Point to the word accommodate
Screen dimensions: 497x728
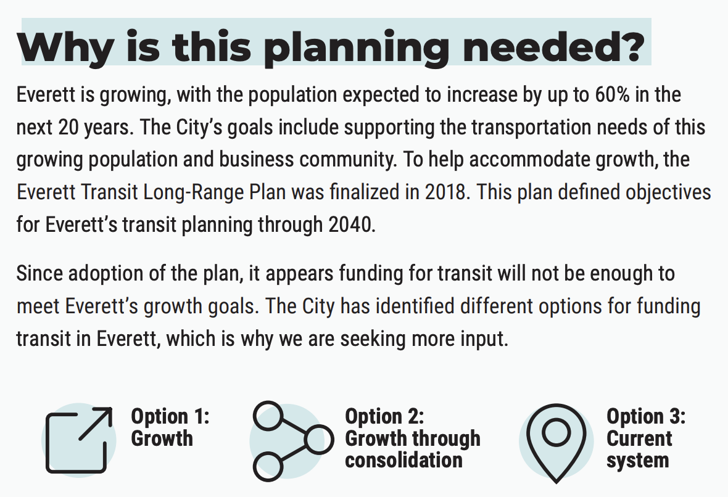(532, 160)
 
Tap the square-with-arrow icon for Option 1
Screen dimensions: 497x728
(79, 440)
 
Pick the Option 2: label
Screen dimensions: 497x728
(384, 416)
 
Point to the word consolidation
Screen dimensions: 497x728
(403, 460)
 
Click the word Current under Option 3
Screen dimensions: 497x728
(639, 438)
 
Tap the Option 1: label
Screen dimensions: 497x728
(170, 416)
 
